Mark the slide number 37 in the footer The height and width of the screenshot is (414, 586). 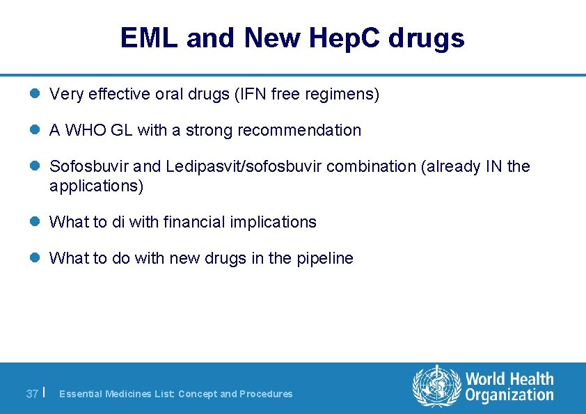pyautogui.click(x=32, y=394)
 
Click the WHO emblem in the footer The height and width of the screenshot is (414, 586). pyautogui.click(x=436, y=387)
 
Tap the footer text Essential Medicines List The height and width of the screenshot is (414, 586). pyautogui.click(x=116, y=394)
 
